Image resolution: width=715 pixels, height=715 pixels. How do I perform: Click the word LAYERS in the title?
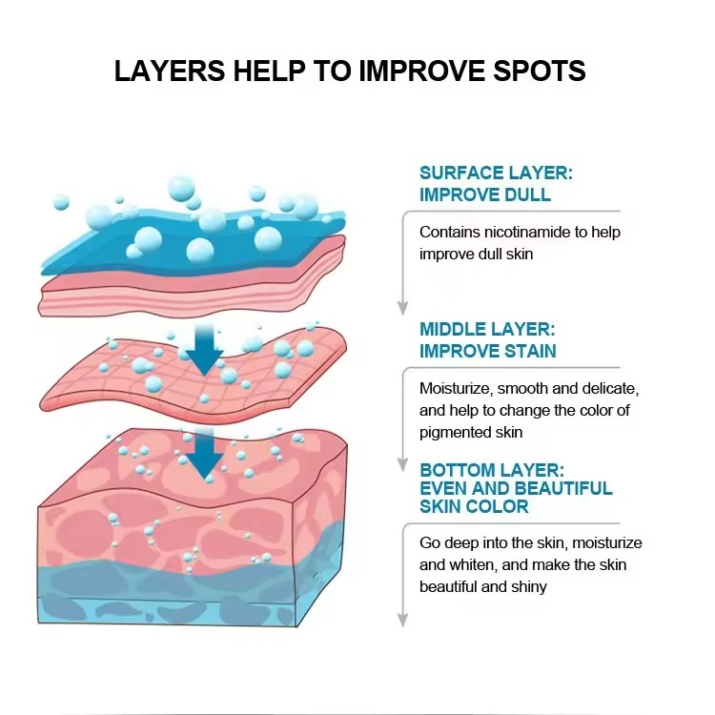(169, 71)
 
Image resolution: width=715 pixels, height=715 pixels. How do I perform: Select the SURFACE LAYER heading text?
(496, 174)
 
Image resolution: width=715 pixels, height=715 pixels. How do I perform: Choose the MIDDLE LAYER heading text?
(487, 329)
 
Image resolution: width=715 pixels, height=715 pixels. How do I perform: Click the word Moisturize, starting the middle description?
(456, 389)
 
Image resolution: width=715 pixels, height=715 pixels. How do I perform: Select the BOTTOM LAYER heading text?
(492, 470)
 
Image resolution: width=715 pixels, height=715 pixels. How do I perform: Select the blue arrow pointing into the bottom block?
(205, 453)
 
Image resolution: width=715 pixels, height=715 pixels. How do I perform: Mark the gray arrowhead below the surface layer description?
(402, 308)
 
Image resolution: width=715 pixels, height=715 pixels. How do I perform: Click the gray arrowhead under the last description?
(402, 621)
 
